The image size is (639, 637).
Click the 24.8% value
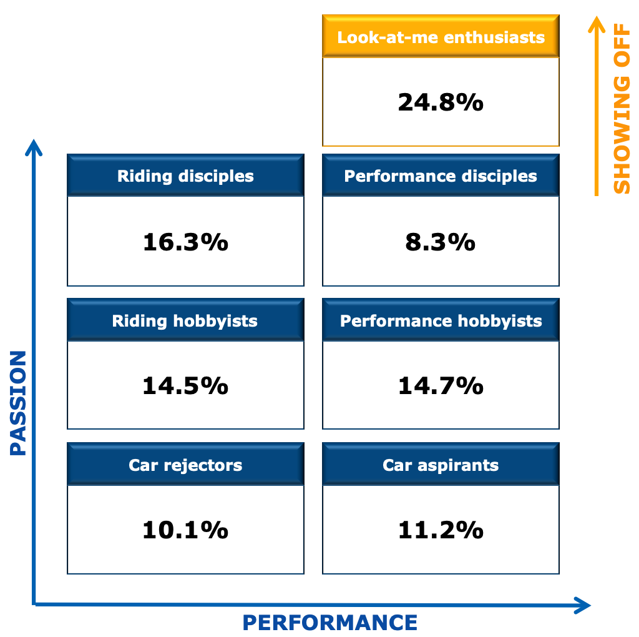coord(441,102)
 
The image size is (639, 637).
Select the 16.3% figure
coord(185,242)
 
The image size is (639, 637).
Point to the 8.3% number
coord(440,242)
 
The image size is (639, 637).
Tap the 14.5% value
coord(185,385)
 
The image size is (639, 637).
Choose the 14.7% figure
coord(441,385)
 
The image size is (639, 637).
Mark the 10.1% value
coord(185,530)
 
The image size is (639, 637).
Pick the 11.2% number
coord(441,530)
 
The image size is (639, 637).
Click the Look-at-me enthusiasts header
coord(441,36)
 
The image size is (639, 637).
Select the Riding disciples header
coord(185,175)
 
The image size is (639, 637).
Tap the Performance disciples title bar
coord(441,175)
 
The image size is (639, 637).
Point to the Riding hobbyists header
coord(185,320)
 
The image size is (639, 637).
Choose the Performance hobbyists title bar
coord(441,320)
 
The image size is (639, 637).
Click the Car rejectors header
coord(185,464)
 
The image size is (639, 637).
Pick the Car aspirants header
coord(441,464)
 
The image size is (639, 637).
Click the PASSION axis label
coord(18,403)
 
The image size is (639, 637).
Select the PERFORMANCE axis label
coord(330,623)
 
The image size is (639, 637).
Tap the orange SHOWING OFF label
coord(622,109)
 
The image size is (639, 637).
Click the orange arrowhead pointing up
coord(597,24)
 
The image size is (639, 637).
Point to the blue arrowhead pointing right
coord(583,605)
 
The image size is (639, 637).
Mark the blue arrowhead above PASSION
coord(34,147)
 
